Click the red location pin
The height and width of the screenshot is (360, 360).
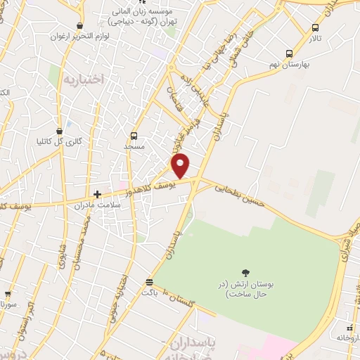pos(181,165)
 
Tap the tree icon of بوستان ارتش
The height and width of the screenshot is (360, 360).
pos(245,273)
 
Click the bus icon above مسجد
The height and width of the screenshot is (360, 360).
pos(134,136)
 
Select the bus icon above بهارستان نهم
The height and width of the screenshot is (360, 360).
pos(289,53)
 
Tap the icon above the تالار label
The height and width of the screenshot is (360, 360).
pos(315,28)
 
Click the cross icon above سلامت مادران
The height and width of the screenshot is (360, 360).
pos(98,194)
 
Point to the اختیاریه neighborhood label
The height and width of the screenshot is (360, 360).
pos(83,79)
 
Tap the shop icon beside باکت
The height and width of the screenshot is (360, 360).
pos(149,282)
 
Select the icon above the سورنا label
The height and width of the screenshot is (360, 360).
pos(8,295)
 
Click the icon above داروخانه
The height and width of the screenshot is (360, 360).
pos(351,328)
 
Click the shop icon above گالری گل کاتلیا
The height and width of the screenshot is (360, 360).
pos(59,130)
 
